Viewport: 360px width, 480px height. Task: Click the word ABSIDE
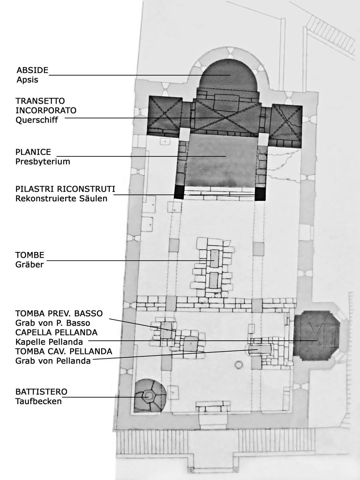coord(32,70)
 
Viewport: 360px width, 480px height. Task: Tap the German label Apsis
coord(27,80)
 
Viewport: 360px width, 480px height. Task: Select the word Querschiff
coord(37,120)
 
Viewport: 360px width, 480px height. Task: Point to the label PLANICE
coord(33,152)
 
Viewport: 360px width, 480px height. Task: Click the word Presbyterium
coord(43,162)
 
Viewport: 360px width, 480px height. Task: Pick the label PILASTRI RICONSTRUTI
coord(65,189)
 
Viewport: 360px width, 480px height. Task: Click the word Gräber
coord(30,265)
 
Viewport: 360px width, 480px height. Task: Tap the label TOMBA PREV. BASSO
coord(59,313)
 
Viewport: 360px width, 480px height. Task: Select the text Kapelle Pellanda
coord(49,342)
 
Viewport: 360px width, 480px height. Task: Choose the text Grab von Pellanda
coord(53,361)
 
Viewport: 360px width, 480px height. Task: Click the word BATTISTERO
coord(41,392)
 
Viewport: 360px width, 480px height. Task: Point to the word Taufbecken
coord(38,402)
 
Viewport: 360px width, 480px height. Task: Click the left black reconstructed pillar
coord(179,192)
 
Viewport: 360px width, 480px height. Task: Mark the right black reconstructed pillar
coord(260,194)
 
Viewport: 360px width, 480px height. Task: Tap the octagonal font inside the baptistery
coord(148,396)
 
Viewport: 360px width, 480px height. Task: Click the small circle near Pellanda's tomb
coord(238,364)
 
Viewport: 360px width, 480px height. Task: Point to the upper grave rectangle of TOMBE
coord(215,258)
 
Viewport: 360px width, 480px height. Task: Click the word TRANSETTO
coord(40,101)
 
